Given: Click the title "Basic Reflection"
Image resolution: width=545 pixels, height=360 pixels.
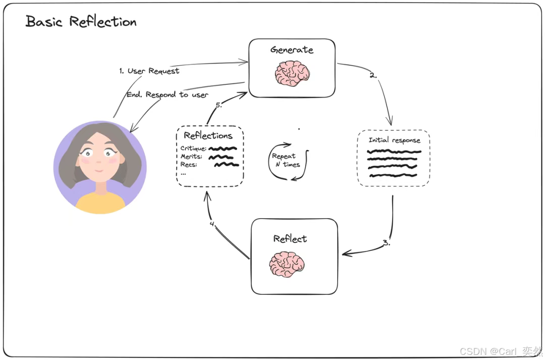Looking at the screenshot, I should coord(81,22).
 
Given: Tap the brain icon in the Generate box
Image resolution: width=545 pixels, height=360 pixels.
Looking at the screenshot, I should coord(292,74).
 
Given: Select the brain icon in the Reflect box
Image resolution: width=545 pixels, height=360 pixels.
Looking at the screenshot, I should coord(287,264).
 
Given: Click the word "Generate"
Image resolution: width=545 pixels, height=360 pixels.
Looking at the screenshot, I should coord(292,49).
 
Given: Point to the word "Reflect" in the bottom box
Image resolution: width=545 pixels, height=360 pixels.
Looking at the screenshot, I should coord(290,238).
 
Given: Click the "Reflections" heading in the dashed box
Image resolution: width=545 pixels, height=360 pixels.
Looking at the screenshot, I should coord(208,135).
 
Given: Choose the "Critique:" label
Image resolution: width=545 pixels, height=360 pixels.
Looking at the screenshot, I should coord(193,148).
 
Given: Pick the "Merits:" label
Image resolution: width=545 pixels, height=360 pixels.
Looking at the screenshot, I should coord(191,157).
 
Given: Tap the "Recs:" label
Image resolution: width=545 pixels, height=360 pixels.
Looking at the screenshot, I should coord(189,165).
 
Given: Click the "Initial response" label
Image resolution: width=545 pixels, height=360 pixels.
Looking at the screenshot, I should coord(394,140).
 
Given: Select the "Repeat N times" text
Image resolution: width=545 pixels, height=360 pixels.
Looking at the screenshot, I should coord(286,160).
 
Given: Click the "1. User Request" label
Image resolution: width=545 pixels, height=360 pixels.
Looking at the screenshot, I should coord(149,71).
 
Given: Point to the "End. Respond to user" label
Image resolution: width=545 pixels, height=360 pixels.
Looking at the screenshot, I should coord(167,94).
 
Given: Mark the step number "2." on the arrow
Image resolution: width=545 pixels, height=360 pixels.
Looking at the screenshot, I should coord(373,75).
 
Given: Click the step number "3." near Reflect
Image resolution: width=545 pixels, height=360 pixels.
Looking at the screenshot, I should coord(386,242).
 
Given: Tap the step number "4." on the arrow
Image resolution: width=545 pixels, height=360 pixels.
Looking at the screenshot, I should coord(212,224).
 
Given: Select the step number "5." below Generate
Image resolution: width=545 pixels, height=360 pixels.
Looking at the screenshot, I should coord(219,105).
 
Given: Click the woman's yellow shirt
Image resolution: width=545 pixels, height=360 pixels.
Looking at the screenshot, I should coord(100,202).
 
